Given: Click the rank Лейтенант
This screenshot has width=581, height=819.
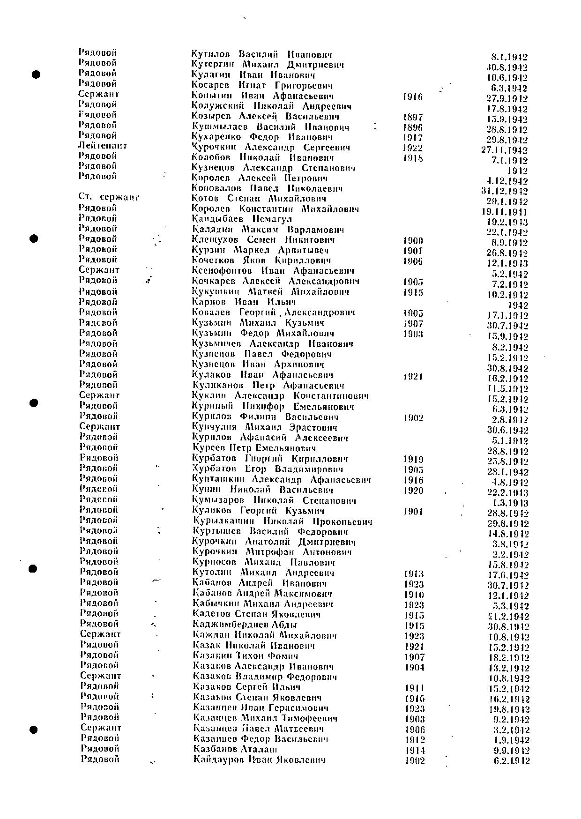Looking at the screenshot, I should point(102,146).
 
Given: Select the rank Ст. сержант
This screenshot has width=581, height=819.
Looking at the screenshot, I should point(109,197).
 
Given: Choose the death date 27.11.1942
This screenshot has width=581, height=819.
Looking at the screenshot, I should point(504,150).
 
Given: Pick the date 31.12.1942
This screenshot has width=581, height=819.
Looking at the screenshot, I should point(504,191).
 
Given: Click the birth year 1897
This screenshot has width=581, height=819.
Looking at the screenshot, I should point(412,117).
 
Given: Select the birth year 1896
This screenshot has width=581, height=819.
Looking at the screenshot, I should point(412,127).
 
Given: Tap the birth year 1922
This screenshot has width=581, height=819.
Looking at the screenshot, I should point(412,148).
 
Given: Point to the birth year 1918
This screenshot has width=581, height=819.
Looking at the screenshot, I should point(412,158).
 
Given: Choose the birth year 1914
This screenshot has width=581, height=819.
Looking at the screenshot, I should point(415,750).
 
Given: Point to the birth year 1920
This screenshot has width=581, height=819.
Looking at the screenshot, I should point(413,491).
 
